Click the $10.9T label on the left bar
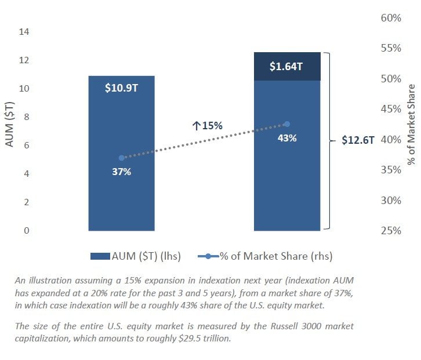click(x=121, y=90)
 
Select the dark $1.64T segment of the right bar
click(x=287, y=66)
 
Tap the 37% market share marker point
click(x=121, y=158)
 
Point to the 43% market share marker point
click(x=286, y=124)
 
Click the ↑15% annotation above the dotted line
click(x=208, y=125)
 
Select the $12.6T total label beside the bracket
click(x=358, y=141)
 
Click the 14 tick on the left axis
click(x=24, y=32)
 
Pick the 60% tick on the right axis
click(x=391, y=18)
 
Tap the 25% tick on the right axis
click(x=391, y=231)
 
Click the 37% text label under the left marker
click(x=122, y=172)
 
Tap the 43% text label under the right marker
click(x=287, y=138)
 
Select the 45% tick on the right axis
click(x=391, y=109)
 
